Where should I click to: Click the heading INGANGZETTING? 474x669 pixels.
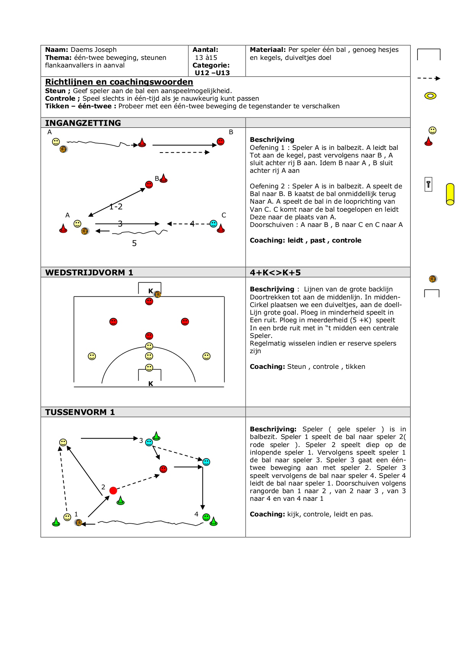[x=83, y=123]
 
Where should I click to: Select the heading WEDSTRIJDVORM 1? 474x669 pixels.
[x=89, y=272]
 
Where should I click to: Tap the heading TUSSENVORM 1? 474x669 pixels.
[x=80, y=412]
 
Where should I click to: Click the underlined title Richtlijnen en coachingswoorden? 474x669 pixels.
[x=119, y=82]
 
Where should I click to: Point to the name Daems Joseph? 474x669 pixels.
[x=94, y=50]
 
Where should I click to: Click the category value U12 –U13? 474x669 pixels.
[x=212, y=73]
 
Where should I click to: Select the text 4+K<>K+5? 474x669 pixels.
[x=275, y=272]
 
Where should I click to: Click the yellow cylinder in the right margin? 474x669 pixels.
[x=450, y=194]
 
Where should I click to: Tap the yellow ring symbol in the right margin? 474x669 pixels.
[x=430, y=96]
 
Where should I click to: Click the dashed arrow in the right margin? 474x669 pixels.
[x=429, y=78]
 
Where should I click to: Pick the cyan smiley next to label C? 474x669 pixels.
[x=214, y=224]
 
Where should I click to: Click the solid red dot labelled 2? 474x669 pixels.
[x=113, y=490]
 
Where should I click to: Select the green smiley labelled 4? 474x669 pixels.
[x=206, y=517]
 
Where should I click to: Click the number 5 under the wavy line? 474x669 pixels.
[x=134, y=243]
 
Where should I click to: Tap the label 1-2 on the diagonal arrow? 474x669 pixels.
[x=116, y=207]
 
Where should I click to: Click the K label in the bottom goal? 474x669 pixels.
[x=150, y=384]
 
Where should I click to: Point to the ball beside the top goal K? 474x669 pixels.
[x=157, y=294]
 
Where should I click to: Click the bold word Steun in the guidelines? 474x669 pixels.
[x=55, y=91]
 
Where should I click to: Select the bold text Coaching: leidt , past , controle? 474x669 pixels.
[x=305, y=240]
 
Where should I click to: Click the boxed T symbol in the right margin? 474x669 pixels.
[x=428, y=185]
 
